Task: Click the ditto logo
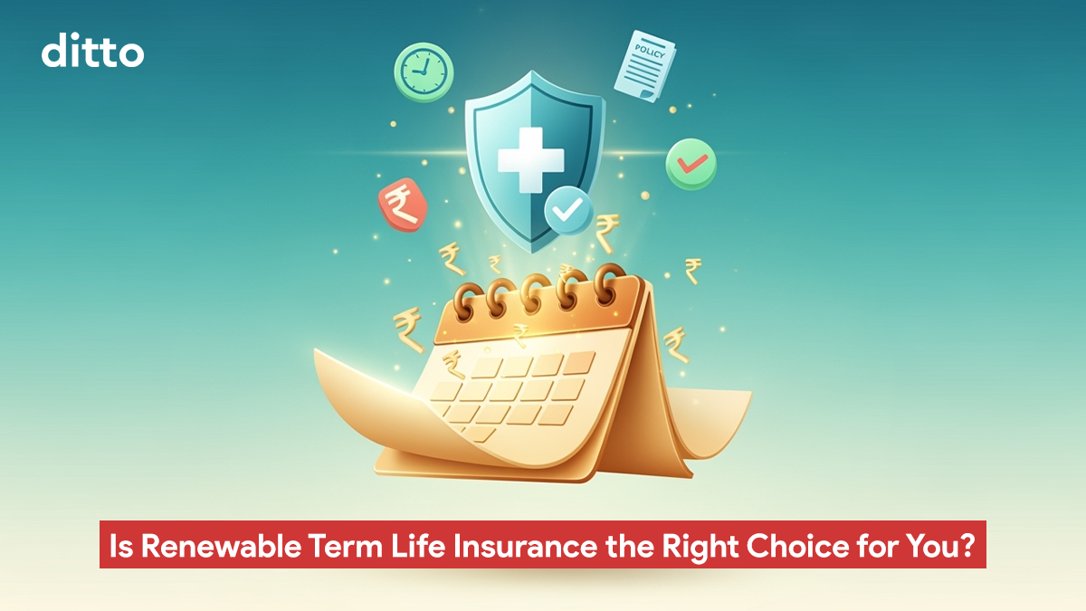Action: point(92,51)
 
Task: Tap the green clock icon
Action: point(424,72)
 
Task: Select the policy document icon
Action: point(644,66)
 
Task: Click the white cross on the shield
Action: point(531,160)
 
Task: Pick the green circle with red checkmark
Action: point(691,164)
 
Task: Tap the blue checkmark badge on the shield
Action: point(568,210)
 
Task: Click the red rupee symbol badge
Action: point(403,205)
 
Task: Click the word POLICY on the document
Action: point(650,51)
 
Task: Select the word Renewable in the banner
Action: point(221,546)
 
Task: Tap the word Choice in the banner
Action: point(798,546)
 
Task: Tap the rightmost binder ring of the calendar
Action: point(609,283)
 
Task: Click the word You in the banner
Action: point(927,546)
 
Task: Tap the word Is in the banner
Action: point(121,546)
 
